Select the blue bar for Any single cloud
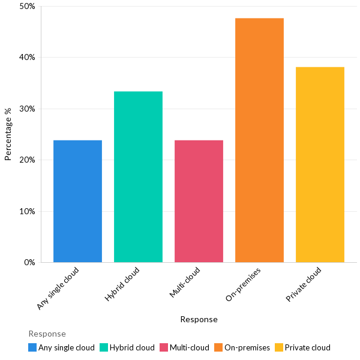[77, 201]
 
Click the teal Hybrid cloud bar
[138, 177]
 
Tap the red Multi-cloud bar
[199, 201]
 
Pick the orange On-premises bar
[259, 140]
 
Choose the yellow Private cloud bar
[320, 165]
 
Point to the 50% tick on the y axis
[27, 7]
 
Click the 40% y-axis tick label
[27, 58]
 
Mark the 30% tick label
[27, 109]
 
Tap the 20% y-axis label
[27, 160]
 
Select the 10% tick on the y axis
[27, 211]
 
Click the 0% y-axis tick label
[29, 262]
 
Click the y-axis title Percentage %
[8, 134]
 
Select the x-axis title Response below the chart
[199, 319]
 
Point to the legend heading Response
[47, 334]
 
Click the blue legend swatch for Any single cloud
[32, 347]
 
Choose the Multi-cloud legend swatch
[164, 347]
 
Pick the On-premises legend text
[247, 347]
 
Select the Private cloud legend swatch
[279, 347]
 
